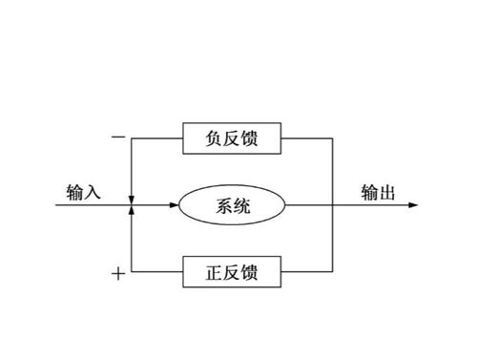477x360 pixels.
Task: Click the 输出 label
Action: point(379,192)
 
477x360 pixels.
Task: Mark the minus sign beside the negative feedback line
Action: point(117,138)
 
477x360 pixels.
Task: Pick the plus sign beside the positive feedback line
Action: point(117,275)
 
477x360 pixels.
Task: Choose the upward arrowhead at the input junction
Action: point(132,212)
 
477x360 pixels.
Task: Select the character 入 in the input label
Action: point(92,192)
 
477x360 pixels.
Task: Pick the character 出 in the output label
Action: point(388,192)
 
